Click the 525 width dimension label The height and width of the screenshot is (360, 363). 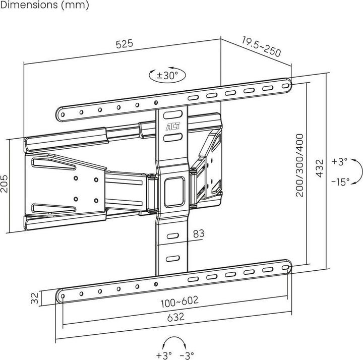coord(124,44)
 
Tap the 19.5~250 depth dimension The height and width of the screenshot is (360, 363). coord(261,47)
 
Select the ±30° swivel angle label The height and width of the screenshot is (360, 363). coord(167,76)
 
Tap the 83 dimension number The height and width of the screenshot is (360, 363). coord(199,233)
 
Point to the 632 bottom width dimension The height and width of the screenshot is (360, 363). coord(172,317)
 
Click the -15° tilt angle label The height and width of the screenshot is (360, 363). coord(340,182)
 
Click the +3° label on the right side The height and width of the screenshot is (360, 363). coord(340,161)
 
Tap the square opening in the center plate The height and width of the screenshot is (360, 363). coord(173,185)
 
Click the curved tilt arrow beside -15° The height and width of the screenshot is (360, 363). coord(356,171)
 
